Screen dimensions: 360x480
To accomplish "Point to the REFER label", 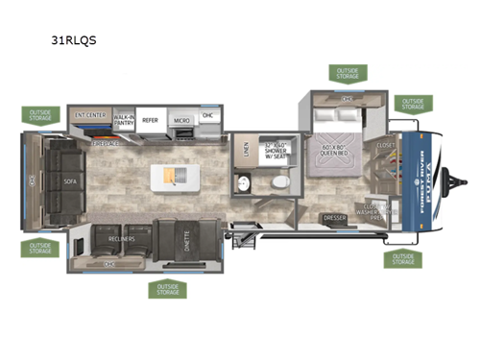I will tap(150, 120).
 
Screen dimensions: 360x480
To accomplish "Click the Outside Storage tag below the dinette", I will tap(167, 289).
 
